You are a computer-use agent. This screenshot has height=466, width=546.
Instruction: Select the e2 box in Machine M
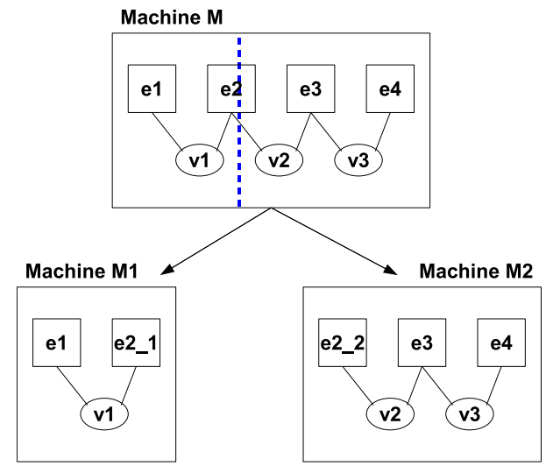229,88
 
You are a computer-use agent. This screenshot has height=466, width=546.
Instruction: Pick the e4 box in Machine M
390,88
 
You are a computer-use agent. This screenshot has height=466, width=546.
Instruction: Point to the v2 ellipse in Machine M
279,160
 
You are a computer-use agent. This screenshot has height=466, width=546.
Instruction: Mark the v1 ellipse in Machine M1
105,412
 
